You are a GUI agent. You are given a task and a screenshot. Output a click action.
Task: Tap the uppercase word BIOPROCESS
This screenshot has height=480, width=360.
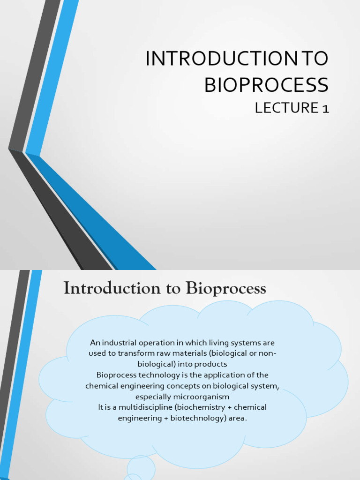[x=266, y=85]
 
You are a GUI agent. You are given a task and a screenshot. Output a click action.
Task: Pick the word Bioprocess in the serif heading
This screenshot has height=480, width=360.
[x=226, y=289]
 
